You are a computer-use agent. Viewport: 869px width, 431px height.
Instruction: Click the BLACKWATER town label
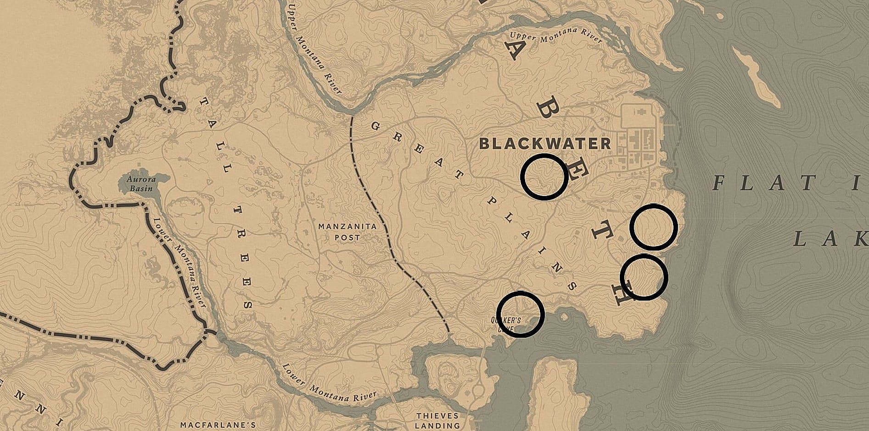(545, 144)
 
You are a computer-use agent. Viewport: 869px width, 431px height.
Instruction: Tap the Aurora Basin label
(142, 183)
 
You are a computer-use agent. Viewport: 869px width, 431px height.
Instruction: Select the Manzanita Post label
(348, 232)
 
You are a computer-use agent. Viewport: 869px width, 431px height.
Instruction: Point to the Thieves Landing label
(437, 420)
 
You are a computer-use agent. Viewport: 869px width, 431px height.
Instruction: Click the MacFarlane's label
(218, 425)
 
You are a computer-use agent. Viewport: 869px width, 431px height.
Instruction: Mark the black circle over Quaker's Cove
(521, 314)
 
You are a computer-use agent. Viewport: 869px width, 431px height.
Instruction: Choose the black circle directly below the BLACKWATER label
(544, 177)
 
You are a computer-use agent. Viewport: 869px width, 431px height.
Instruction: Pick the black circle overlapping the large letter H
(644, 277)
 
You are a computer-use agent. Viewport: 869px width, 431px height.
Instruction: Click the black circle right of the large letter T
(653, 228)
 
